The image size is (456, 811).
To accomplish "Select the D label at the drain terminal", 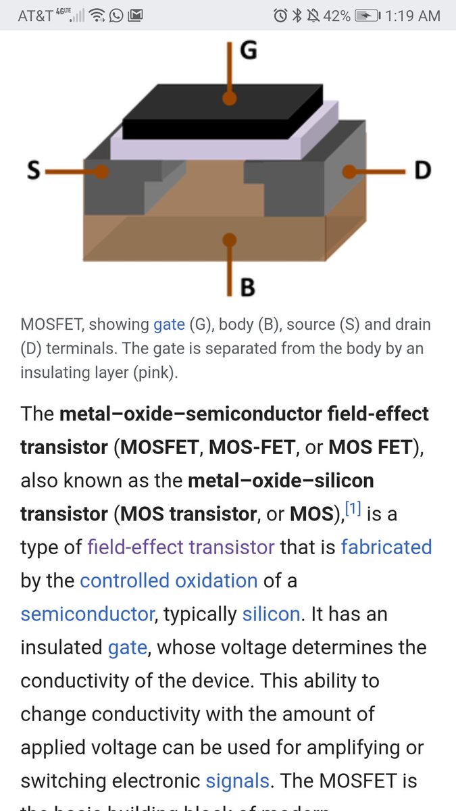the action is pos(422,170).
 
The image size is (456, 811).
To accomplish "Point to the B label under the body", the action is pos(248,287).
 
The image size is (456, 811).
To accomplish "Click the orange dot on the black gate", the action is pos(230,99).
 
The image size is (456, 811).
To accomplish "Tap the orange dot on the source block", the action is pos(101,172).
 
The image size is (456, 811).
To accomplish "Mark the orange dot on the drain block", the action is pos(349,172).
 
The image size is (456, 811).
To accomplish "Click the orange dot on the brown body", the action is pos(230,239).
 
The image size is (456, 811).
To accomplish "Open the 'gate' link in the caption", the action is pos(169,324).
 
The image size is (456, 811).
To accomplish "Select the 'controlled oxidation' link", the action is pos(169,580).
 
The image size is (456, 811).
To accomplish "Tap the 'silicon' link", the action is pos(271,614).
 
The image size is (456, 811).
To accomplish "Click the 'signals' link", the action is pos(238,781).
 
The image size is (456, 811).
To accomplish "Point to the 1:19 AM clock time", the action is pos(413,16).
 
